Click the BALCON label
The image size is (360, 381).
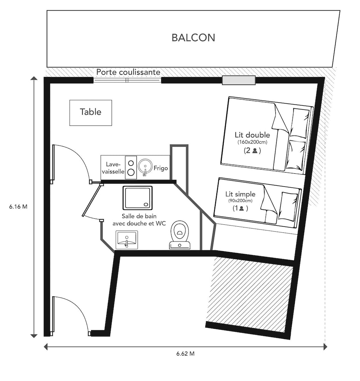point(194,38)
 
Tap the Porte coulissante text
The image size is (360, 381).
point(128,72)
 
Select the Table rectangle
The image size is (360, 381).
point(91,113)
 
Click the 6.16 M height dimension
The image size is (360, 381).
point(18,207)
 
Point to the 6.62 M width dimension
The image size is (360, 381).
point(186,354)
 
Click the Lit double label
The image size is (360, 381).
point(252,135)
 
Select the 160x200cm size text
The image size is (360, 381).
point(252,142)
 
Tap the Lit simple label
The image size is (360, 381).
point(240,194)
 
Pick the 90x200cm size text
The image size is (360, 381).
point(240,201)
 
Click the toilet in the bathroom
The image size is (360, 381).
point(180,235)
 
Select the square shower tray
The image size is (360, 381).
point(138,198)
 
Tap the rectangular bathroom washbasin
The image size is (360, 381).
point(126,240)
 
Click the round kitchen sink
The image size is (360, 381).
point(145,167)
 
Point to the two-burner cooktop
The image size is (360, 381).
point(131,168)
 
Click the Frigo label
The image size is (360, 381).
point(160,168)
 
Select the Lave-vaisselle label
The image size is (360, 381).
point(113,168)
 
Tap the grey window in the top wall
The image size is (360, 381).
point(239,80)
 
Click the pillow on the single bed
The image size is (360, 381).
point(288,206)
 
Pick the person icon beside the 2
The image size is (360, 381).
point(255,150)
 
